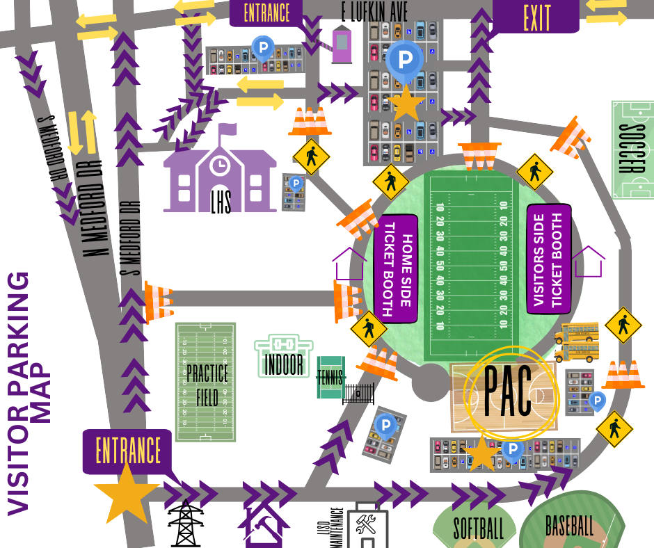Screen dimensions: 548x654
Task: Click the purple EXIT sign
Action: (536, 16)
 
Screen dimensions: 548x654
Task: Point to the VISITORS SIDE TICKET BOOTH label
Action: (549, 258)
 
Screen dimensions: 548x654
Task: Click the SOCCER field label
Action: (632, 150)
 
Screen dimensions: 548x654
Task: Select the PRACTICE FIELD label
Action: (207, 384)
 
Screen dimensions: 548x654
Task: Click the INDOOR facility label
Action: (284, 363)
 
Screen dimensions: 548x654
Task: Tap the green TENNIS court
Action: (331, 378)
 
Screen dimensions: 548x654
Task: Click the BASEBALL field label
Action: (569, 525)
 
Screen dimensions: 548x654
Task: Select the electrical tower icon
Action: (186, 523)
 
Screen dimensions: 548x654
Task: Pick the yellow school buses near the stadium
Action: (577, 341)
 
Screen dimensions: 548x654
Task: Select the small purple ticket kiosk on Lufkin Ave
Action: (342, 44)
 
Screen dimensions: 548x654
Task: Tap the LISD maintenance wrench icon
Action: (363, 524)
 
